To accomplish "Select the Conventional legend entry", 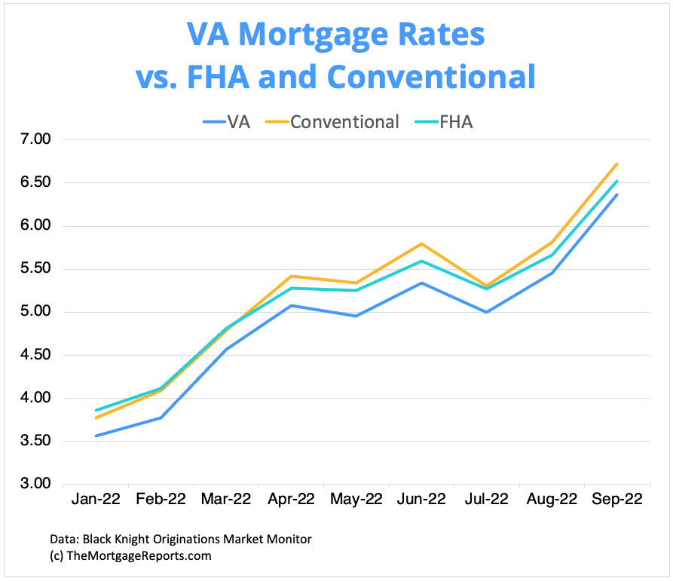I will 332,121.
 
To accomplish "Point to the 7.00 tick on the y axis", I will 32,140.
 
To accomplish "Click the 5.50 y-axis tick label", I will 32,269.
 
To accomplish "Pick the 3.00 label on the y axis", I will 32,484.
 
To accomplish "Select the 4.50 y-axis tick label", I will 32,355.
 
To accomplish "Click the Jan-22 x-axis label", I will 96,500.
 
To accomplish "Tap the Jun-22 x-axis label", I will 421,500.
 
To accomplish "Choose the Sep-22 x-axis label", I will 616,500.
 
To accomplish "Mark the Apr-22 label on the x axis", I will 291,500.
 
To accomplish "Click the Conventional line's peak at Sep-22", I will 616,164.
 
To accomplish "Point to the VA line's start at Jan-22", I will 96,436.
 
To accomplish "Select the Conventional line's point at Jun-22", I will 421,243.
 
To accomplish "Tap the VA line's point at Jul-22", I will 486,312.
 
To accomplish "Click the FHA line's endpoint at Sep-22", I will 616,181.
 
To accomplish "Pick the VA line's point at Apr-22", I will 291,305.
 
